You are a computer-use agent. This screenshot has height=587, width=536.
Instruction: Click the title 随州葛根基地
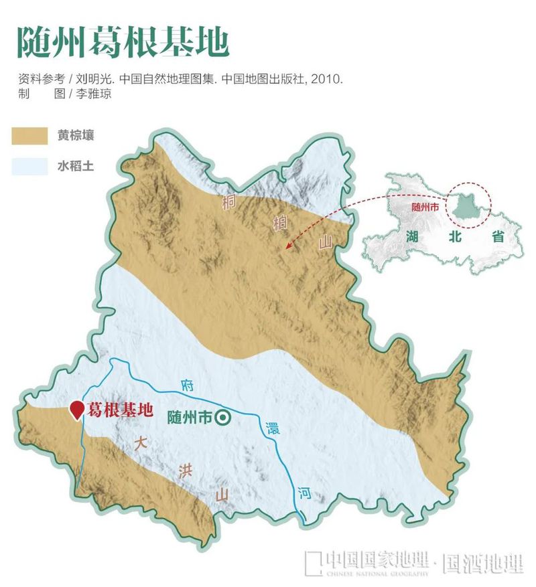coord(123,41)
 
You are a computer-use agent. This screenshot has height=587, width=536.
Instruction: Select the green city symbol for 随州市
coord(223,418)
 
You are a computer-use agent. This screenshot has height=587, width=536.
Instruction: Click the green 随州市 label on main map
coord(189,418)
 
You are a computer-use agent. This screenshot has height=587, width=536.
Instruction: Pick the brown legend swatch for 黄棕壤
coord(29,135)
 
